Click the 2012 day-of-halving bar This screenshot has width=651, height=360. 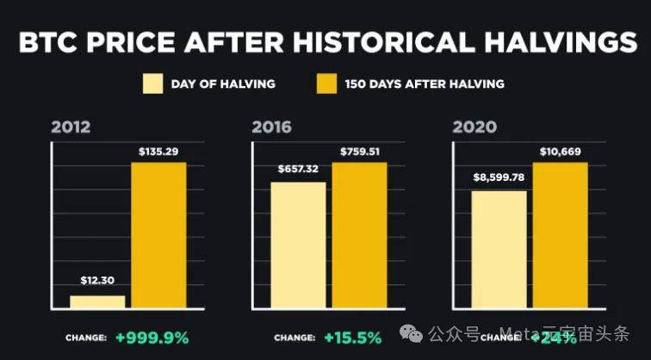[x=97, y=301]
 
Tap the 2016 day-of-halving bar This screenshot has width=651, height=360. [x=299, y=245]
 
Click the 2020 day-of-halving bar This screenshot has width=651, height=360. [x=499, y=249]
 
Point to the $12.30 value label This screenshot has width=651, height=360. [x=97, y=282]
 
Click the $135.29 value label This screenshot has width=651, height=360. [x=158, y=152]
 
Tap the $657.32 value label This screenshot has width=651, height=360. [x=299, y=170]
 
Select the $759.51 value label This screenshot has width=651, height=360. [x=359, y=152]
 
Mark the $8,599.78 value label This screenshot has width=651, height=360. [x=499, y=178]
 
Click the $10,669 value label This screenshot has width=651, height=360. [x=560, y=152]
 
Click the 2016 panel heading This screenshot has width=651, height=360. [x=271, y=127]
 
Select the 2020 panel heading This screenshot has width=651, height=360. [x=474, y=127]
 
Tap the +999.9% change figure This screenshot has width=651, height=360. [x=152, y=338]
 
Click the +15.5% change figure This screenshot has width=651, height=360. [x=352, y=338]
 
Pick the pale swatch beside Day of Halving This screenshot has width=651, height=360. [x=153, y=84]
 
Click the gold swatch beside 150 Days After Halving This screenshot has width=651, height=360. [x=326, y=84]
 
